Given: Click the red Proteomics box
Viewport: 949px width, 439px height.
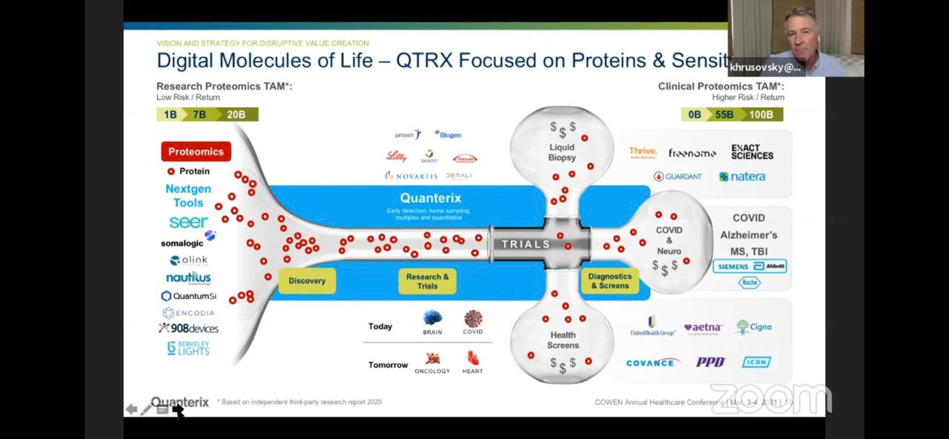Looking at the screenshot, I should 196,151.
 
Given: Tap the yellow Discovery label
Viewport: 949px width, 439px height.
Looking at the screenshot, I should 307,281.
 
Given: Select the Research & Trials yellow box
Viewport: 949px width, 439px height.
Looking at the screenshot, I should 427,282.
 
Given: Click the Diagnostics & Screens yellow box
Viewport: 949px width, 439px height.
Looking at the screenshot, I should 609,281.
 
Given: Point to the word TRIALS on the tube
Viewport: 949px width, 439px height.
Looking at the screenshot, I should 526,244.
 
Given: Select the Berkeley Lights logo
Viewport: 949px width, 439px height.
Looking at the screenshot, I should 188,348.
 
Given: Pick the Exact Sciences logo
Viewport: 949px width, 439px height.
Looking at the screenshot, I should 752,152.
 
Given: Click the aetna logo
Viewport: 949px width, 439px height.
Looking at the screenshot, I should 702,327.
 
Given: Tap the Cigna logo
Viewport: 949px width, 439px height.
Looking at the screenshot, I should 754,327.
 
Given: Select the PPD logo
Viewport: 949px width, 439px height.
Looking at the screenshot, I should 710,362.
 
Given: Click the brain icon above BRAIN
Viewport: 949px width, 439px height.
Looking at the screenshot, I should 432,318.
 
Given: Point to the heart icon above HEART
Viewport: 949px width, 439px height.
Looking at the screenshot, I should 472,358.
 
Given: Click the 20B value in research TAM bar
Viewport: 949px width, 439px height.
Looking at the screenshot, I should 237,114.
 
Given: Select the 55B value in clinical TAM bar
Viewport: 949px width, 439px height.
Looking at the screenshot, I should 724,114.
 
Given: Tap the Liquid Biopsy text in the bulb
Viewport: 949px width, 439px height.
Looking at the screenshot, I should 561,152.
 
